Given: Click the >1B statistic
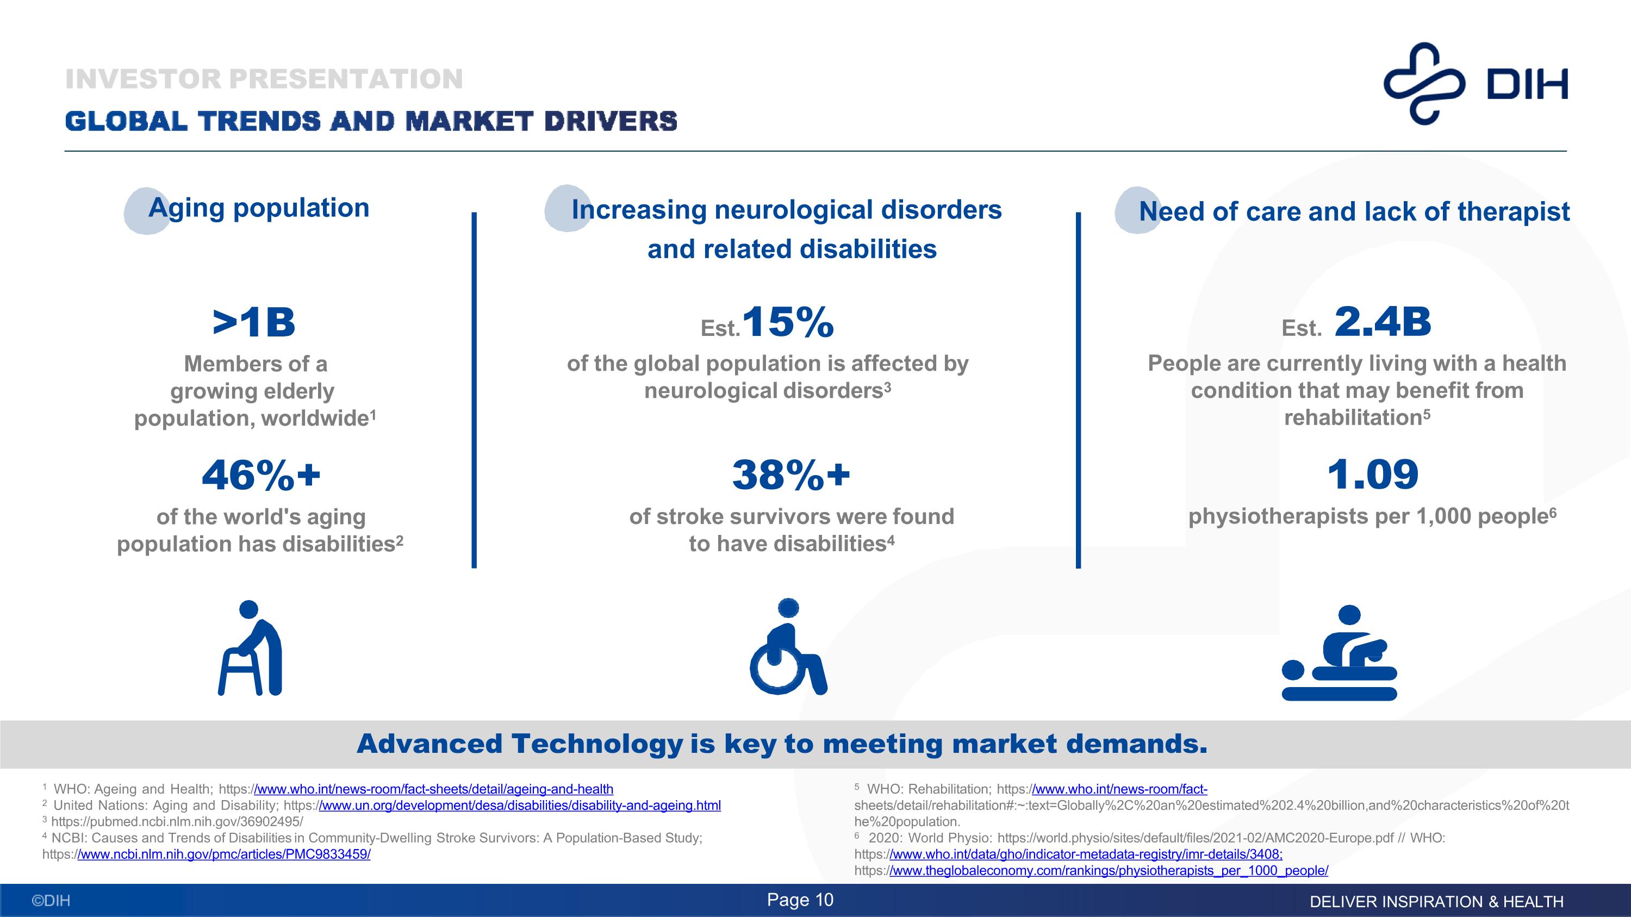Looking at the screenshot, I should tap(254, 323).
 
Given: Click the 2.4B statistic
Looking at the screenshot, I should tap(1383, 322).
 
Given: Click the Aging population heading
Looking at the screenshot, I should tap(258, 208).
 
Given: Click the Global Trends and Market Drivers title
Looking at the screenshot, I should tap(371, 121).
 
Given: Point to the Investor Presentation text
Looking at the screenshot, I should tap(264, 79).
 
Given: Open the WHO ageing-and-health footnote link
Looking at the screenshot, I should tap(434, 789).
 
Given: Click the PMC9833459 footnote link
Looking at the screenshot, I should tap(223, 854).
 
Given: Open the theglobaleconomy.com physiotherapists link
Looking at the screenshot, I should tap(1109, 871).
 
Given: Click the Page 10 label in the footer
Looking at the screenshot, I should tap(800, 900).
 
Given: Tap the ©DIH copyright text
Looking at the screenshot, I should tap(51, 901).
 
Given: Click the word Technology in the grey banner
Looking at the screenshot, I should tap(597, 744).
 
